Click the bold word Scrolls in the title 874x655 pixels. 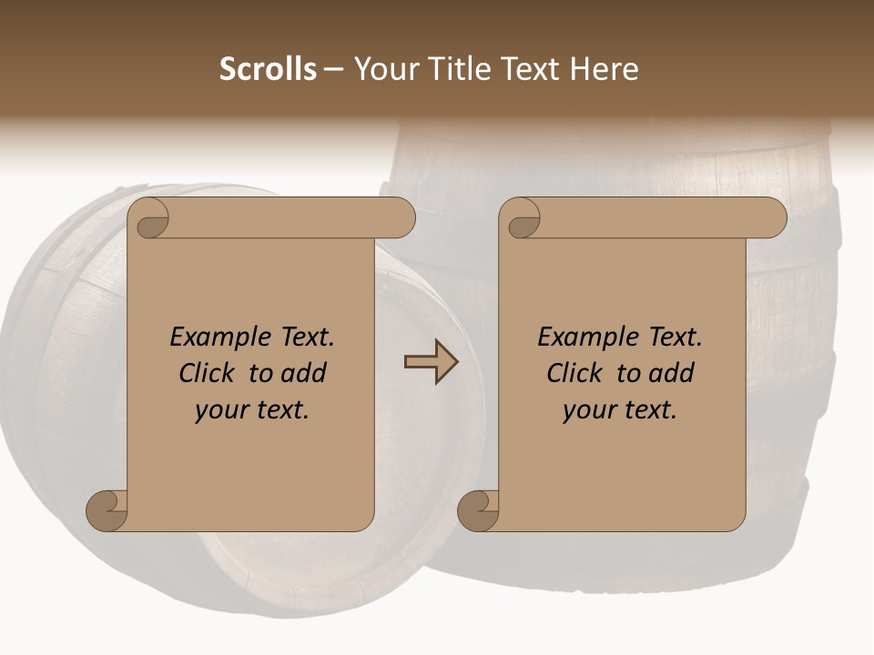[268, 69]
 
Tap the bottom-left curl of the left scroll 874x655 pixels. [107, 509]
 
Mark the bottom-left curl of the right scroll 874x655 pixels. [478, 509]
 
